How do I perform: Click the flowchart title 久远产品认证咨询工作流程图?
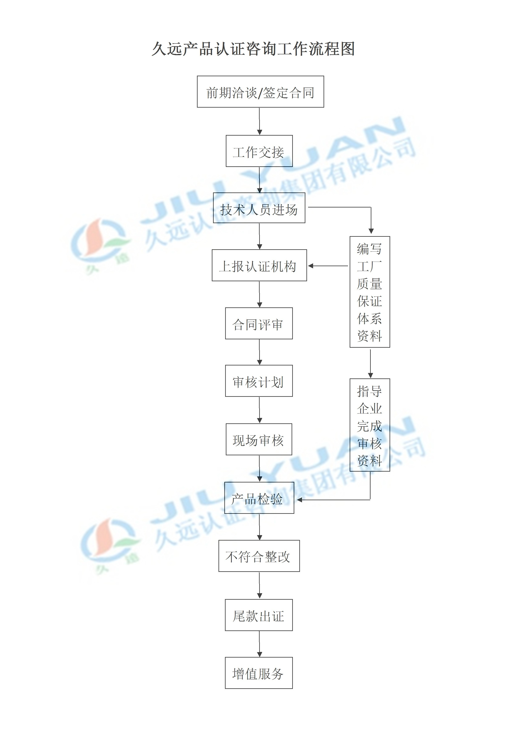253,49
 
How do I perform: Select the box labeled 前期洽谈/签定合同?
260,92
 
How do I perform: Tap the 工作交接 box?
259,151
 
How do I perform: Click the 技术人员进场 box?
259,208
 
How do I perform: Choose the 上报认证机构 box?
259,265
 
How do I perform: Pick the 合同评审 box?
259,323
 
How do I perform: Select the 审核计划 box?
259,381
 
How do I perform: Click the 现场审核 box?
259,439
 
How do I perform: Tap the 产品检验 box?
259,498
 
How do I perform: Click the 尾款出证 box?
259,615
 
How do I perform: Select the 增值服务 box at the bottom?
259,673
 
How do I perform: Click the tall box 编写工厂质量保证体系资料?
370,292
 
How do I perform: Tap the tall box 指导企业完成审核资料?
370,425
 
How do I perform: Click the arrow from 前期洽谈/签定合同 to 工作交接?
259,121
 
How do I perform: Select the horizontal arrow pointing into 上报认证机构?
328,266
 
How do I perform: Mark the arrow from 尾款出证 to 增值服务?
259,644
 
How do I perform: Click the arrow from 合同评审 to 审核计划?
259,352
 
